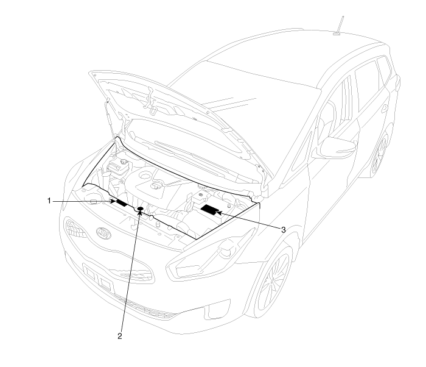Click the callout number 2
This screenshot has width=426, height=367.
120,335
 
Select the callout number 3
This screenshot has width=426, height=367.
283,230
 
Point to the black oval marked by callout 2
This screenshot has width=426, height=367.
141,210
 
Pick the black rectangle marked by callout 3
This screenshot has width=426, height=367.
210,211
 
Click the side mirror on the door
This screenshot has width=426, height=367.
336,147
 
